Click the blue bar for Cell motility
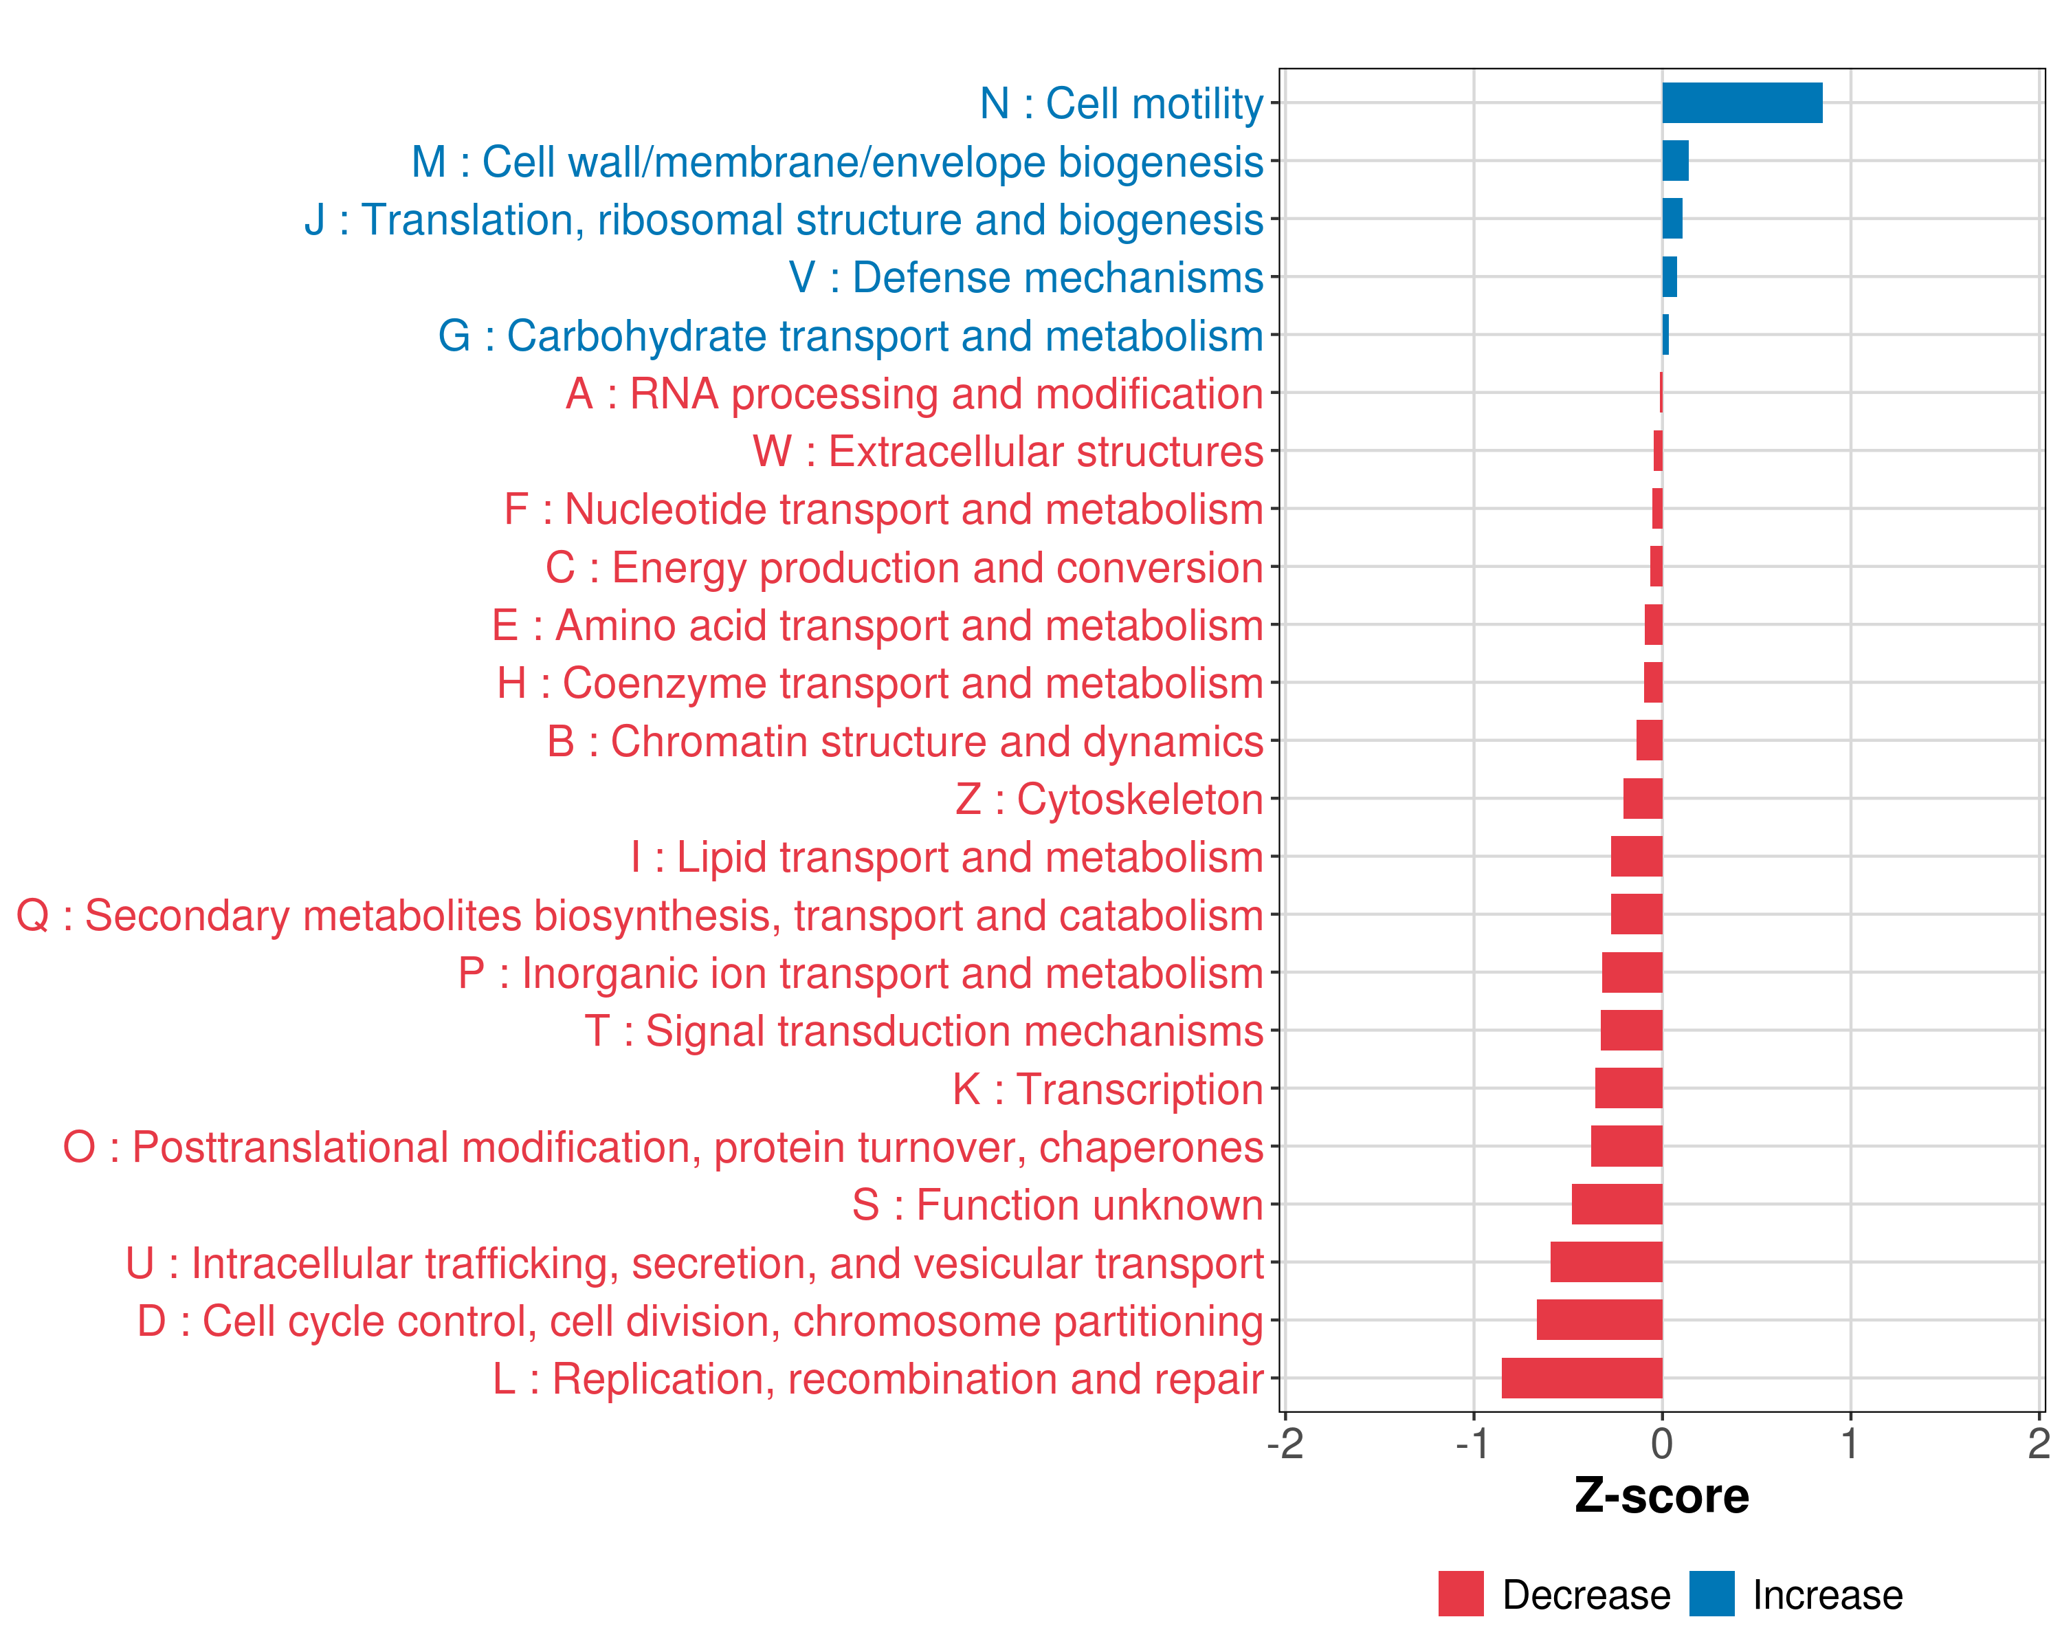click(x=1742, y=103)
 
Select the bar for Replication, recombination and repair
click(x=1582, y=1378)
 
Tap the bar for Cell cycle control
click(x=1599, y=1320)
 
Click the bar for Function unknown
click(x=1617, y=1204)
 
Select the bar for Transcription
click(x=1629, y=1088)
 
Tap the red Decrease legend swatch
click(x=1461, y=1594)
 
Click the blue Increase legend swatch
click(x=1711, y=1594)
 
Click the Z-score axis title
click(x=1661, y=1496)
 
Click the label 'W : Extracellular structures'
click(x=1008, y=452)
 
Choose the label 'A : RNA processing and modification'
click(x=914, y=394)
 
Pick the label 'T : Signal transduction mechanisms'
click(x=924, y=1031)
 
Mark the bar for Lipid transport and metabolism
click(x=1637, y=856)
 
